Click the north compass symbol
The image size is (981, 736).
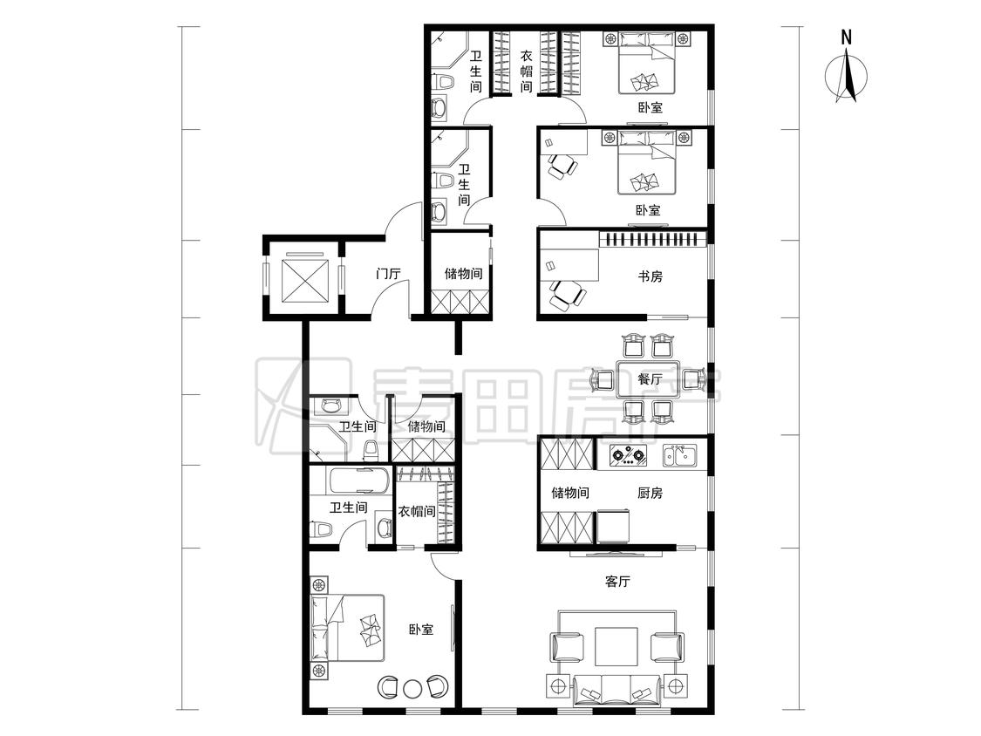click(846, 77)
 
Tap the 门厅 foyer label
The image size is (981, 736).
click(388, 274)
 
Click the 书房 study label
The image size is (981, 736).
click(650, 276)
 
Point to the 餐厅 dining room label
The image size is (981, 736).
click(650, 379)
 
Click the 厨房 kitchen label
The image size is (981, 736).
click(650, 494)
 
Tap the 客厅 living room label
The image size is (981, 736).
click(617, 582)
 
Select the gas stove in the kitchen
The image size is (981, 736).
click(628, 455)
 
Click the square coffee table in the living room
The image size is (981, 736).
click(617, 646)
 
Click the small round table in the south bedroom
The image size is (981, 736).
click(412, 688)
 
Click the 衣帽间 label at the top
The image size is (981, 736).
click(527, 71)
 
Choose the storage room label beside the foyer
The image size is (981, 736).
click(464, 274)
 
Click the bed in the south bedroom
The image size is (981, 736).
click(348, 628)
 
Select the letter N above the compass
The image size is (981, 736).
click(847, 37)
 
